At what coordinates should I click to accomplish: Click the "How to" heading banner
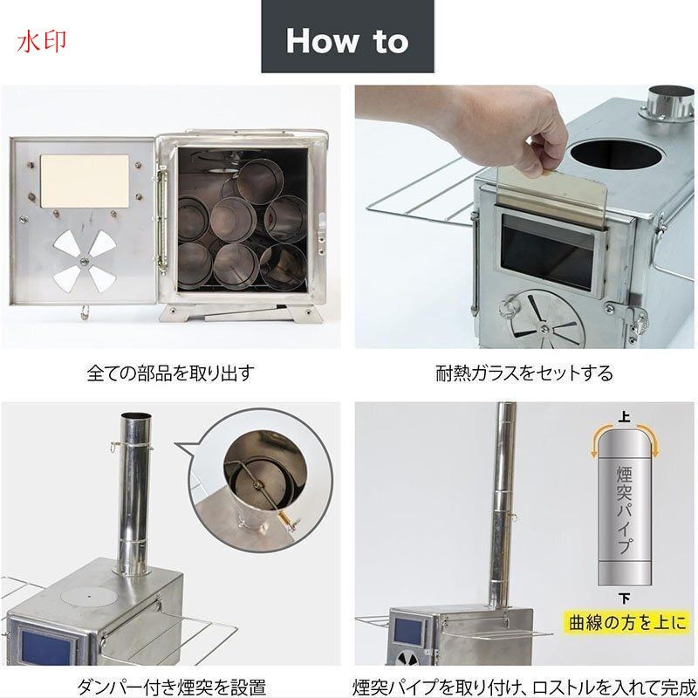[x=347, y=36]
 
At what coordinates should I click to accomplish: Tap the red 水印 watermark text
[x=42, y=42]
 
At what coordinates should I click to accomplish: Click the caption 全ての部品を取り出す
[x=170, y=373]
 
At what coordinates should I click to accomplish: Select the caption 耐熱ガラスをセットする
[x=524, y=373]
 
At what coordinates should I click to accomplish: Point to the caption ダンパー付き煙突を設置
[x=171, y=688]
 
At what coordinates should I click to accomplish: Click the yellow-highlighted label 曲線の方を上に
[x=627, y=622]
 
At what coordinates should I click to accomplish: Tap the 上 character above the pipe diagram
[x=624, y=417]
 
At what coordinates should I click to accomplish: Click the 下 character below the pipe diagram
[x=624, y=599]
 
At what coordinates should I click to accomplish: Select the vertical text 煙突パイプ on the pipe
[x=624, y=510]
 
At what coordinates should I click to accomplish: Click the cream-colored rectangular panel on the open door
[x=85, y=181]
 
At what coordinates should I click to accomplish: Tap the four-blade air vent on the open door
[x=84, y=262]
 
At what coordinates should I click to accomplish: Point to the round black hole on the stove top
[x=617, y=154]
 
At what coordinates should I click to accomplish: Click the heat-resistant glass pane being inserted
[x=552, y=192]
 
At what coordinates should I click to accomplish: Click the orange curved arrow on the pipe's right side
[x=649, y=440]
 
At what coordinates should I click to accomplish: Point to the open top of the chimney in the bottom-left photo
[x=136, y=417]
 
